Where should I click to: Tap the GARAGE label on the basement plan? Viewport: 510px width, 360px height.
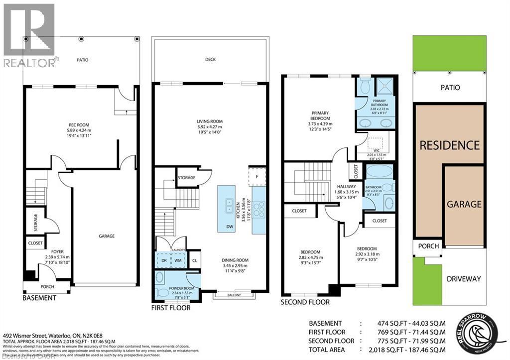(x=106, y=236)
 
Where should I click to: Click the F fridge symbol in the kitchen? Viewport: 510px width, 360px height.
(x=257, y=176)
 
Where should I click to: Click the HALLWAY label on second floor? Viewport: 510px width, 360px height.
(x=346, y=186)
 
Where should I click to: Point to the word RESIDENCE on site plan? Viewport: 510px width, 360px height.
(x=449, y=145)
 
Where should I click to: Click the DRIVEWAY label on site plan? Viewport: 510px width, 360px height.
(x=464, y=279)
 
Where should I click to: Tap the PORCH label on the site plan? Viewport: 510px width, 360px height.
(x=428, y=246)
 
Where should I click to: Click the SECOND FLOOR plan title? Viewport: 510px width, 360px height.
(x=304, y=302)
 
